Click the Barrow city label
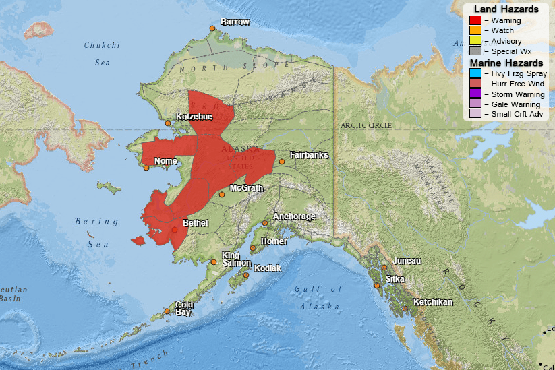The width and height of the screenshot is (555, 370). tap(235, 22)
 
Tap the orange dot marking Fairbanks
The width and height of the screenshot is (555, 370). tap(282, 162)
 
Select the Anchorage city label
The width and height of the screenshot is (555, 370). tap(294, 217)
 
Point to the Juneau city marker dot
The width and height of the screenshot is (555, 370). tap(384, 268)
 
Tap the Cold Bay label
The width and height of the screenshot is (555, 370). tap(184, 309)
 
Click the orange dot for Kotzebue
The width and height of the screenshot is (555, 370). tap(168, 123)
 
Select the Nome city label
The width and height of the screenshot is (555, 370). tap(165, 161)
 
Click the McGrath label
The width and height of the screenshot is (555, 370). tap(246, 188)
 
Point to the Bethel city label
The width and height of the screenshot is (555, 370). tap(196, 223)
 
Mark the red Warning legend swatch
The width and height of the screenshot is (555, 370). tap(475, 20)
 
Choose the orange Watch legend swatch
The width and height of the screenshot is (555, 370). tap(475, 30)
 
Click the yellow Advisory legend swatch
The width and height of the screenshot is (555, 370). tap(475, 41)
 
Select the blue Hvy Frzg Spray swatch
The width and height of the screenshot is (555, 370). tap(475, 73)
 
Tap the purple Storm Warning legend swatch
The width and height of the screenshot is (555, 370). tap(475, 94)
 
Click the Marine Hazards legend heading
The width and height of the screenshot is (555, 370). tap(506, 63)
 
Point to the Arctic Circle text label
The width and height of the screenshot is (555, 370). tap(367, 125)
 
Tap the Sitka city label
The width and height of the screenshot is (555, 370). tap(395, 279)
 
